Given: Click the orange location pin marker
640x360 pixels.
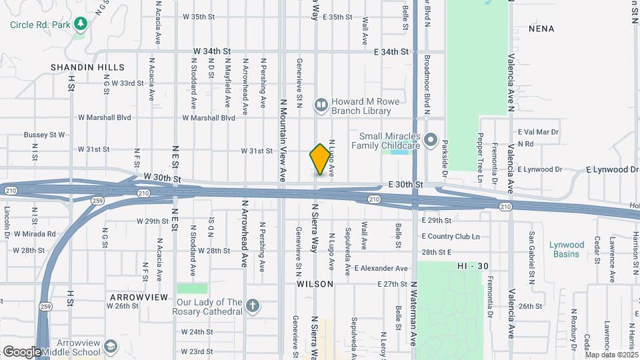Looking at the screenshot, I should tap(320, 159).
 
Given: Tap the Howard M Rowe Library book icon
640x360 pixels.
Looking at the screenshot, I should tap(321, 105).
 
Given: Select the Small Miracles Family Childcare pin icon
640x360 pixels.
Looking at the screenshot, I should tap(431, 141).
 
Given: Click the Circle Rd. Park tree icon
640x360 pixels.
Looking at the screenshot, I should tap(81, 25).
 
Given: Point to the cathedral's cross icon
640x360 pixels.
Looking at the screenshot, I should tap(252, 306).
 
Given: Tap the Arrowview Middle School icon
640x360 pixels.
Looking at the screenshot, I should tap(111, 346).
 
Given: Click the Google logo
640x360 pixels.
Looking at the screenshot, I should tap(22, 351).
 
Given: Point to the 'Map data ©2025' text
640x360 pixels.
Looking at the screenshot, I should tap(611, 355).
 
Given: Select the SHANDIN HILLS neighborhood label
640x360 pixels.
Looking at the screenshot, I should tap(87, 67).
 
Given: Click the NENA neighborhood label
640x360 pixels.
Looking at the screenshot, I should tap(541, 29).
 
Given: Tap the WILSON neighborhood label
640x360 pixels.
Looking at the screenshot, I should tap(315, 284).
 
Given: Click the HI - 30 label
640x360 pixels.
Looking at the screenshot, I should tap(473, 266).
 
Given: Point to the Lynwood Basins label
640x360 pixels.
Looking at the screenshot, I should tap(567, 249).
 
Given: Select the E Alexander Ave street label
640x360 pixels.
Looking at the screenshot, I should tap(381, 268).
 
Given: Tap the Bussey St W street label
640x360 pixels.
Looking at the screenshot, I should tap(44, 135).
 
